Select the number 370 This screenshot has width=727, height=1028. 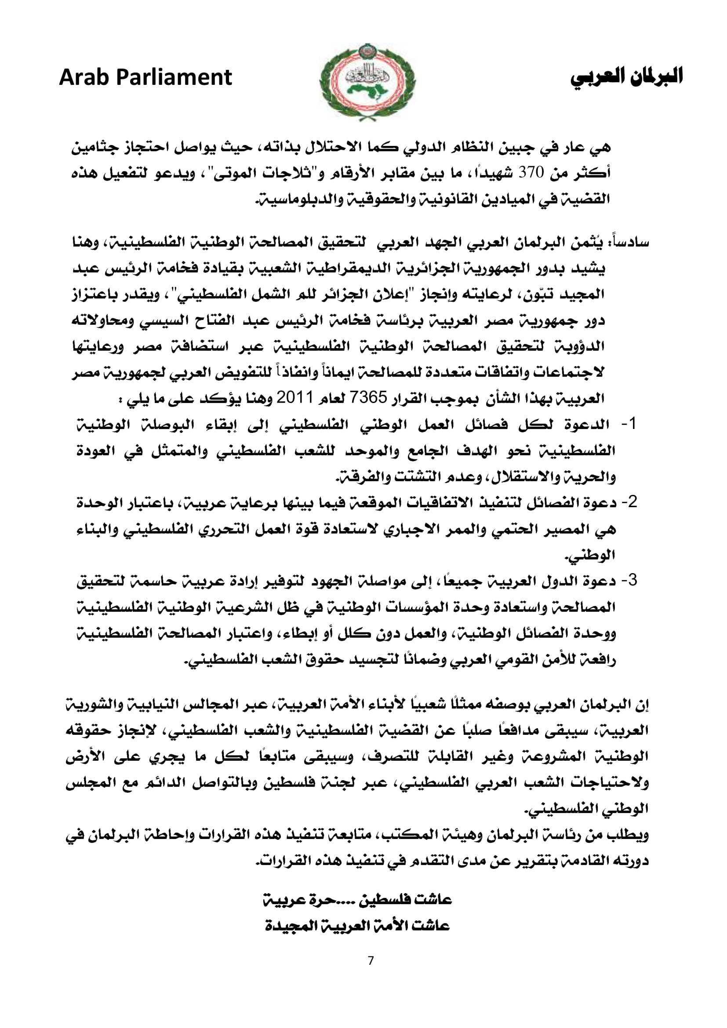click(x=531, y=172)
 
